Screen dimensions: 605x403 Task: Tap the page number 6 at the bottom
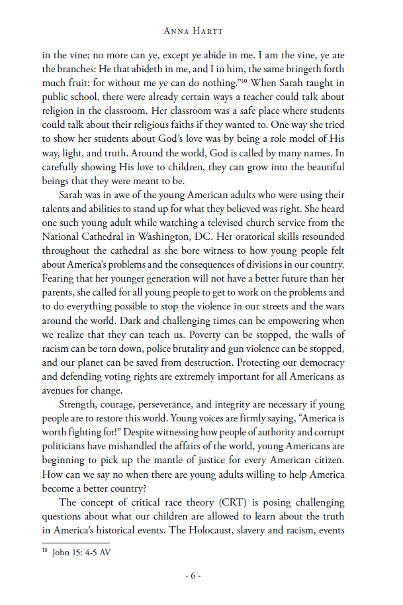coord(193,575)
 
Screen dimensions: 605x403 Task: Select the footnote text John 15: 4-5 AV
coord(81,552)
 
